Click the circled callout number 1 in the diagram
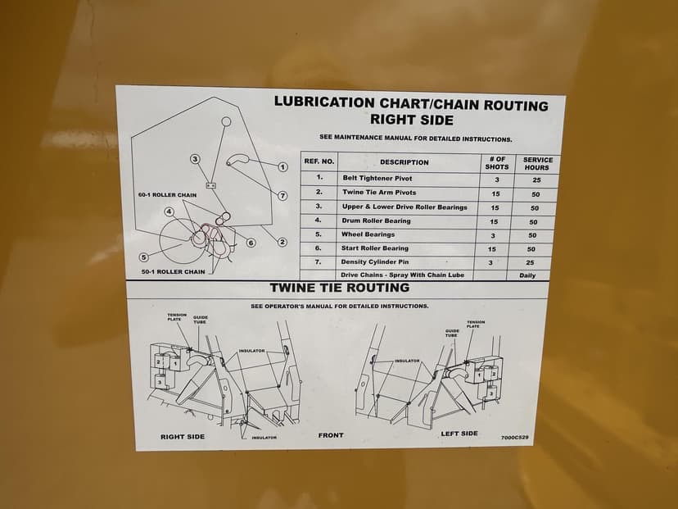tap(282, 167)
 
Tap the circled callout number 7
tap(282, 196)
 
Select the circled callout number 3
tap(196, 159)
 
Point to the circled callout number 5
tap(144, 257)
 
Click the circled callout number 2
tap(282, 242)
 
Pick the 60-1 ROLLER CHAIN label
tap(167, 195)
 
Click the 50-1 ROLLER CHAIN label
tap(174, 272)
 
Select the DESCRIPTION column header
tap(405, 162)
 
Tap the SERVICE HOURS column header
tap(538, 164)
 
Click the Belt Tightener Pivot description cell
tap(377, 179)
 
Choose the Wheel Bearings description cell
tap(368, 234)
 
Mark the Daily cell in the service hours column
tap(527, 275)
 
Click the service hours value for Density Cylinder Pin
tap(530, 263)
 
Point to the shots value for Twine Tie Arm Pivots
tap(495, 194)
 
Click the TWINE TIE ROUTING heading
tap(340, 288)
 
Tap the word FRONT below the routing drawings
tap(331, 435)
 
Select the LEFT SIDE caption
tap(459, 434)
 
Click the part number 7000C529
tap(514, 438)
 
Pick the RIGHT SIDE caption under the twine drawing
tap(183, 437)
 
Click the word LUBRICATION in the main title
tap(324, 102)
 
